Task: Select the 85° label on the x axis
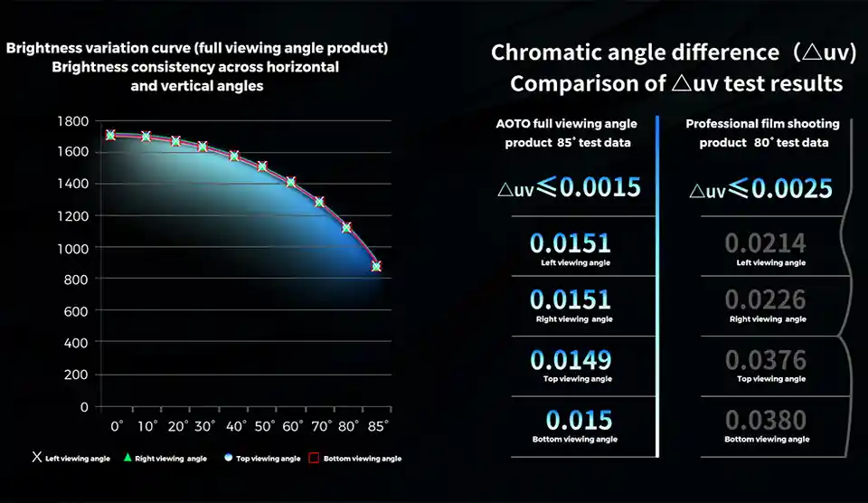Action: point(377,425)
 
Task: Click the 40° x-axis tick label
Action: point(235,425)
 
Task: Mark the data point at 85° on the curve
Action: point(376,267)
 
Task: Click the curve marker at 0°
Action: point(110,135)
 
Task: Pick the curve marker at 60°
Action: point(291,182)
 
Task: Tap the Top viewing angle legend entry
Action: point(262,459)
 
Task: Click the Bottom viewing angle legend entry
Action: point(355,459)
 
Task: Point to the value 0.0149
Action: point(571,360)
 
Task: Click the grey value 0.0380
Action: point(766,421)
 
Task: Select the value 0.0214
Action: point(766,243)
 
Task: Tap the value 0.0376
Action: point(766,360)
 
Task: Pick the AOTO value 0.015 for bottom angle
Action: point(579,421)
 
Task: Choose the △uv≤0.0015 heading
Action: point(570,187)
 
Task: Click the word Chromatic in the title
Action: point(550,52)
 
